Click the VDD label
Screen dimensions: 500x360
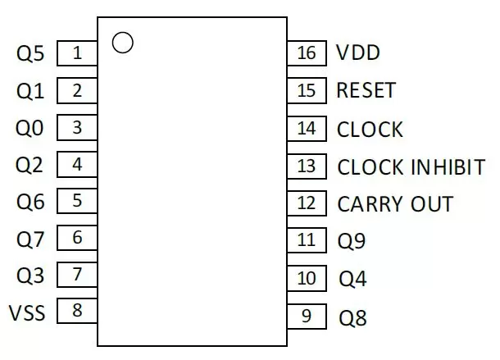(x=358, y=52)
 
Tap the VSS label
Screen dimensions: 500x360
(x=27, y=312)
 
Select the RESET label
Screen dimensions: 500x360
(x=366, y=90)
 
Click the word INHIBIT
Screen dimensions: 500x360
(x=448, y=167)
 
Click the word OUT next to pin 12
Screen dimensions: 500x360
(x=432, y=204)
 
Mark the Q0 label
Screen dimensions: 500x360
(x=30, y=128)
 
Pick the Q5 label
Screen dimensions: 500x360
(x=30, y=53)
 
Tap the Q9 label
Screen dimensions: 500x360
(x=352, y=241)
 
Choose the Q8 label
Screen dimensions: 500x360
(x=352, y=318)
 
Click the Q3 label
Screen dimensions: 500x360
(x=30, y=276)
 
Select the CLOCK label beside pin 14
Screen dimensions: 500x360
(x=370, y=130)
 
